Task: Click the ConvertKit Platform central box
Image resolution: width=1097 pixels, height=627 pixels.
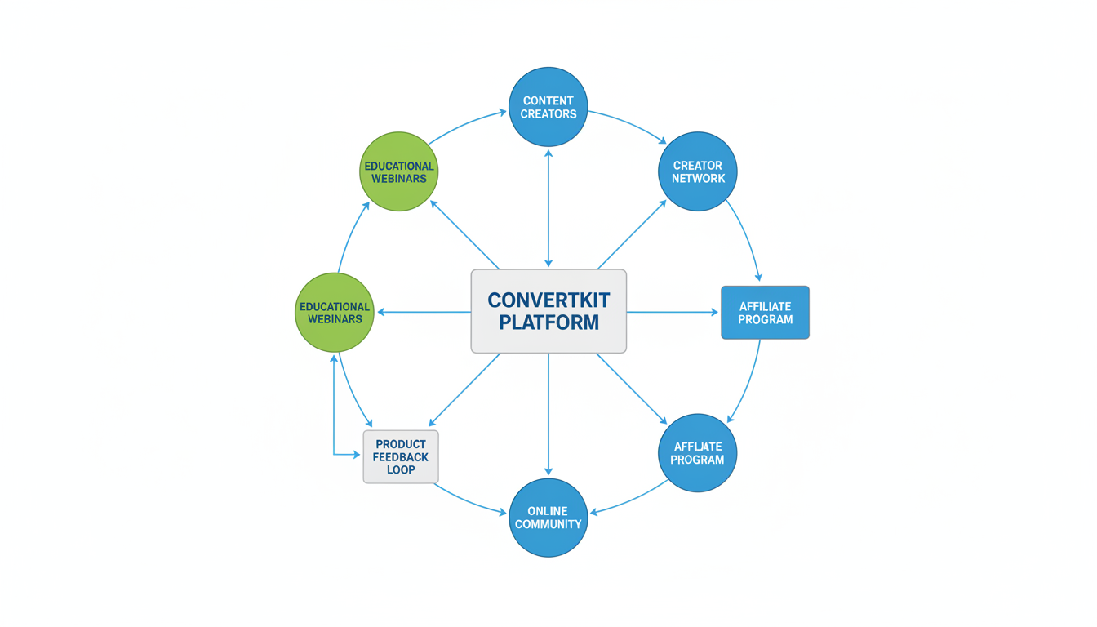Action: tap(548, 311)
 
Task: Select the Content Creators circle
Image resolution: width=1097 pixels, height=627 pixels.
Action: tap(548, 107)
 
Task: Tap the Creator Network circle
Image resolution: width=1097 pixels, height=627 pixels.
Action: tap(697, 171)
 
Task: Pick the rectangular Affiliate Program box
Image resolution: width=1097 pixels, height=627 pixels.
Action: tap(765, 313)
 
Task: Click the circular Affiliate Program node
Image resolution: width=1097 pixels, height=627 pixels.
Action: tap(697, 453)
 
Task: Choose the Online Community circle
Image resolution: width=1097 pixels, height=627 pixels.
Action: tap(548, 518)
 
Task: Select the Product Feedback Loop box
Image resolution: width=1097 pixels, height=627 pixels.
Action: tap(401, 456)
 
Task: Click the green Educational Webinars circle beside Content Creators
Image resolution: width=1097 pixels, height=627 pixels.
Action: tap(399, 171)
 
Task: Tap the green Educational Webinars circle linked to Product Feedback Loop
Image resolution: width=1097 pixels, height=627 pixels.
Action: tap(335, 313)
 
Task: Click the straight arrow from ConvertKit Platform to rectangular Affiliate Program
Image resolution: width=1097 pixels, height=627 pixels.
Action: tap(671, 312)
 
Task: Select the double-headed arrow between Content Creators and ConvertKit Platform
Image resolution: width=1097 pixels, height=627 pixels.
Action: tap(548, 208)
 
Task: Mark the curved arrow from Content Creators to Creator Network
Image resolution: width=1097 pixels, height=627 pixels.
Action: tap(628, 124)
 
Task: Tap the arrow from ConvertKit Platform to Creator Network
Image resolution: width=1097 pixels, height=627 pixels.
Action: tap(631, 234)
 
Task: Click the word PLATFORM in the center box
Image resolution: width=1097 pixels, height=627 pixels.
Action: tap(548, 322)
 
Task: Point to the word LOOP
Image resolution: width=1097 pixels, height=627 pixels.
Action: tap(401, 469)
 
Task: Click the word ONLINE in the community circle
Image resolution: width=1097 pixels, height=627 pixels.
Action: tap(548, 511)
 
